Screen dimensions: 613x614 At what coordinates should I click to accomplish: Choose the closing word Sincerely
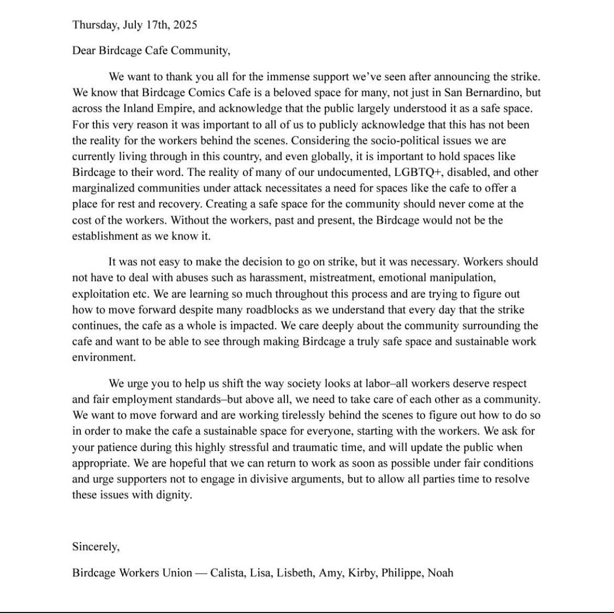pos(96,546)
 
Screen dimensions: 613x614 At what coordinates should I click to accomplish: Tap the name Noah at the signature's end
pos(440,573)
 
